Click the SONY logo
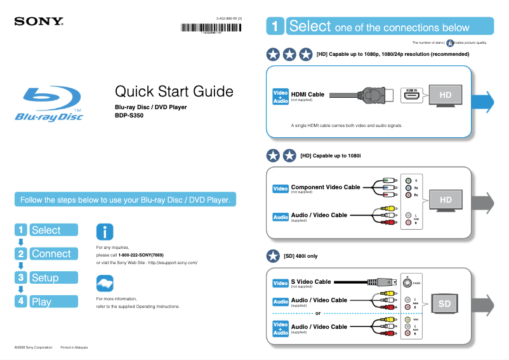39,21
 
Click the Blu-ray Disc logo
50,104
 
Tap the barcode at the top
211,27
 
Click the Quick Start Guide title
174,91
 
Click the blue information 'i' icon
105,232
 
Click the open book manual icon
105,283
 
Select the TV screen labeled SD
444,304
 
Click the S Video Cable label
310,281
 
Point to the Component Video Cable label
325,187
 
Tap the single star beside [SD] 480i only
273,256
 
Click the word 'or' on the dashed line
318,313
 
